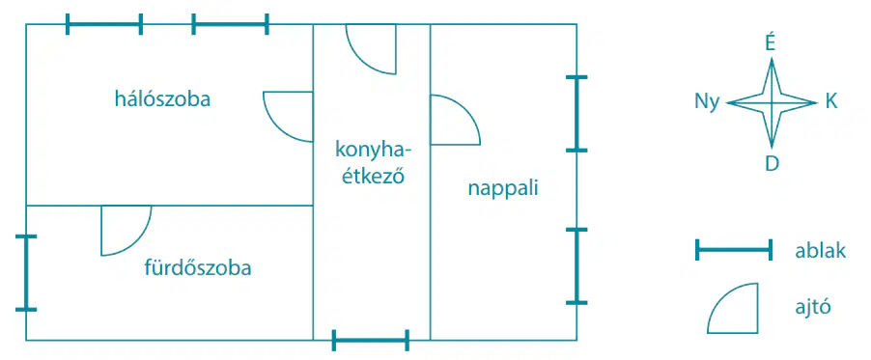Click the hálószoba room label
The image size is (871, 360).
click(162, 100)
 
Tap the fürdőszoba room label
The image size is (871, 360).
click(198, 268)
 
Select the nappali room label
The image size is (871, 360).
click(503, 189)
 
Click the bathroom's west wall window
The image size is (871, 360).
click(25, 273)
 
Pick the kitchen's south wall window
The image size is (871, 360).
click(371, 340)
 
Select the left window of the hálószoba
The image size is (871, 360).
click(104, 24)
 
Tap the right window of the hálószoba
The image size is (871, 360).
click(230, 24)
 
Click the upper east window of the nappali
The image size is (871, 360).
click(576, 113)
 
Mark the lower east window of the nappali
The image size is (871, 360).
click(576, 266)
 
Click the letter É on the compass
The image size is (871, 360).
click(771, 44)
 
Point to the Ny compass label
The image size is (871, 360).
click(707, 102)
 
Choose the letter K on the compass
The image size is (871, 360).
click(831, 101)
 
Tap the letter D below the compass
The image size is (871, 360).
click(772, 164)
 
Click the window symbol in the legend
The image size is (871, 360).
click(734, 250)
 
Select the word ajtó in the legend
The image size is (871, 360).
click(813, 306)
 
